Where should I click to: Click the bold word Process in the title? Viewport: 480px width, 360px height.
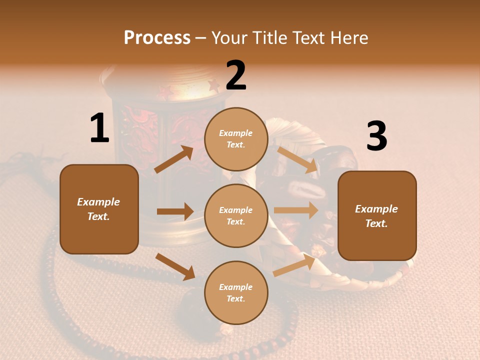coord(157,37)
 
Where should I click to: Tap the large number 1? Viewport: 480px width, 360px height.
coord(99,128)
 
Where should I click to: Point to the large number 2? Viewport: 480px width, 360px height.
coord(236,75)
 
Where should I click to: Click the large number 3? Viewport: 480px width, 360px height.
coord(376,136)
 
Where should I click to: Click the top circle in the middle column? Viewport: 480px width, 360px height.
coord(236,139)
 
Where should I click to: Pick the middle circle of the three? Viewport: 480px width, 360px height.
coord(236,215)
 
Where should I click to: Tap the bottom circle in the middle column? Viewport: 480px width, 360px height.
coord(236,292)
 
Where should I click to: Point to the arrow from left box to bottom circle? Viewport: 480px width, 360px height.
coord(175,266)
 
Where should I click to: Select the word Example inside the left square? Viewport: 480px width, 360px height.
coord(98,202)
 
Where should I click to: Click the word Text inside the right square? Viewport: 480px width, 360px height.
coord(376,223)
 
